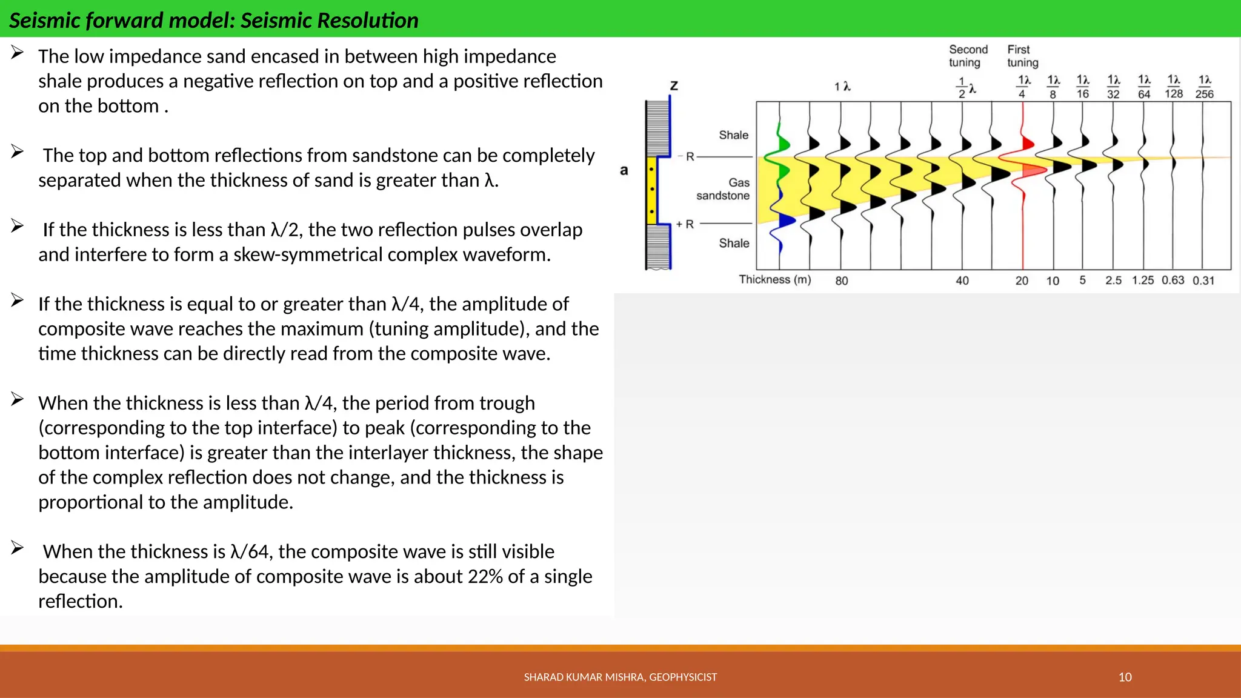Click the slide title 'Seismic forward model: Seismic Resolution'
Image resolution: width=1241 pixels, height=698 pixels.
pos(213,20)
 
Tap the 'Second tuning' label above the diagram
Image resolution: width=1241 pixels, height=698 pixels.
pos(967,56)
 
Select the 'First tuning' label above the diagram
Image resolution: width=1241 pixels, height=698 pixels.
pos(1022,56)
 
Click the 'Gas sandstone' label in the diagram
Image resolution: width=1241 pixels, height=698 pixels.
pos(724,189)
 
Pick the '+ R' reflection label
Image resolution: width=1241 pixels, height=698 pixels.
pos(685,224)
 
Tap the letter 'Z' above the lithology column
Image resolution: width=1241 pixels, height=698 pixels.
pos(674,86)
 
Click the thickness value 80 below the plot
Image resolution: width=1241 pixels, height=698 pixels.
pos(842,281)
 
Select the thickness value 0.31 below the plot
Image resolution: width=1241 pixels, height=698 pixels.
pos(1203,281)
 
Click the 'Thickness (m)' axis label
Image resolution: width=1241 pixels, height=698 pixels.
pos(774,279)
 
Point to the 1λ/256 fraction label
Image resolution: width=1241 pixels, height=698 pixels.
pos(1204,87)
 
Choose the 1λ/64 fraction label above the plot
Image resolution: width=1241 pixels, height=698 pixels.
pos(1143,87)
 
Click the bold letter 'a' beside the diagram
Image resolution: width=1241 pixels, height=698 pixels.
pos(624,170)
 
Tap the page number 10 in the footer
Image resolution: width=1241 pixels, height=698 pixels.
pos(1125,677)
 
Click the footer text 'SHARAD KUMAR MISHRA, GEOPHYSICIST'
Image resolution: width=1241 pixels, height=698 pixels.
pos(620,677)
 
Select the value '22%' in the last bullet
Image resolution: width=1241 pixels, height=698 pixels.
pos(485,576)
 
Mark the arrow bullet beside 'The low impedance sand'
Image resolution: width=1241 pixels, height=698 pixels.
pos(17,53)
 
